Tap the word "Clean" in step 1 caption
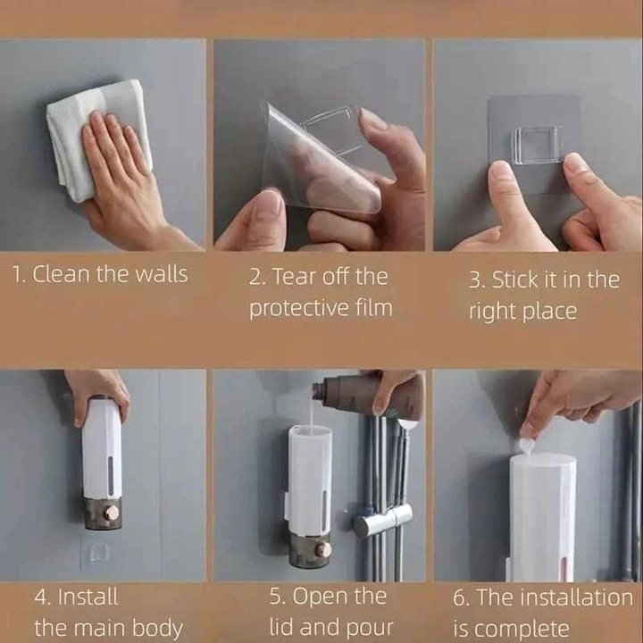tap(61, 274)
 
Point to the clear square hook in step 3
tap(537, 145)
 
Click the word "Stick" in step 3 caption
tap(514, 280)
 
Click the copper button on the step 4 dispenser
tap(112, 513)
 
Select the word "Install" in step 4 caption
tap(88, 597)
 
